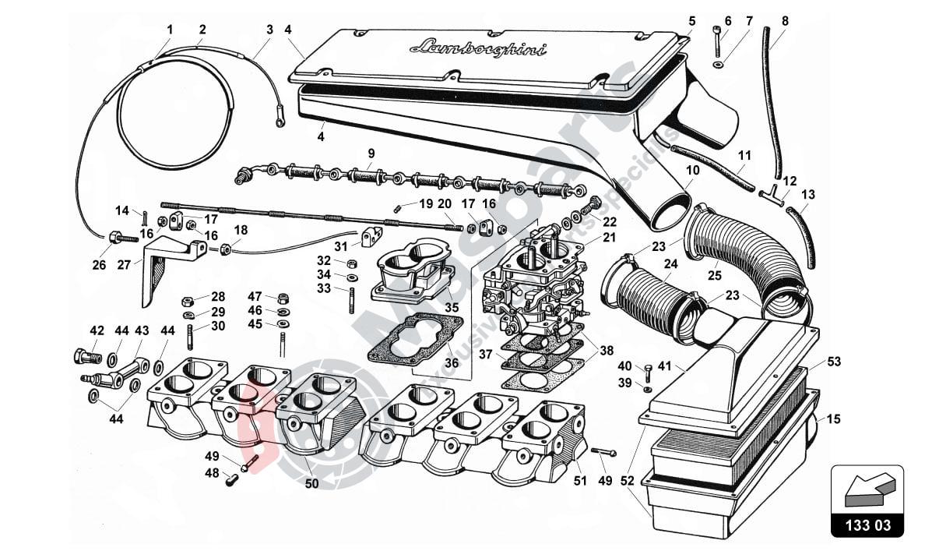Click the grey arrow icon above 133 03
pos(866,489)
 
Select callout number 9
pos(371,153)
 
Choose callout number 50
pos(311,484)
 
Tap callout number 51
pos(579,481)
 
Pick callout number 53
pos(834,362)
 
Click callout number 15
pos(834,419)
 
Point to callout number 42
pos(97,330)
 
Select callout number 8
pos(784,21)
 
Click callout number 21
pos(609,237)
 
